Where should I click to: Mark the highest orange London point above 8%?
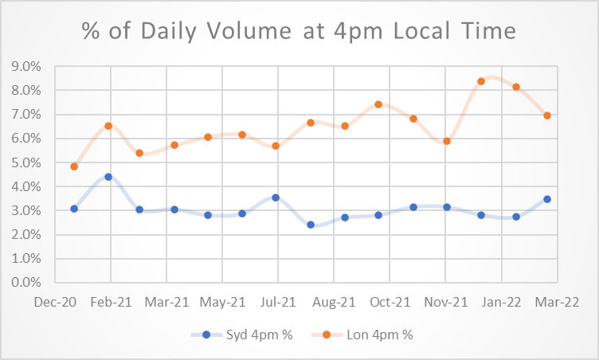click(481, 81)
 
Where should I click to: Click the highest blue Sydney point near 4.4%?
click(108, 177)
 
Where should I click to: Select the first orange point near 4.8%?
click(74, 166)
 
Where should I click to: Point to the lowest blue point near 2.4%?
click(311, 225)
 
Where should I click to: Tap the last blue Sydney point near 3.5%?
click(547, 199)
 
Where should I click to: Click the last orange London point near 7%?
click(547, 115)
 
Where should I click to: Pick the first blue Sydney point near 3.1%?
click(74, 209)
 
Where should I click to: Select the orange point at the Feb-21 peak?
click(108, 126)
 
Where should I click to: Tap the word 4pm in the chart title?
click(392, 31)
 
